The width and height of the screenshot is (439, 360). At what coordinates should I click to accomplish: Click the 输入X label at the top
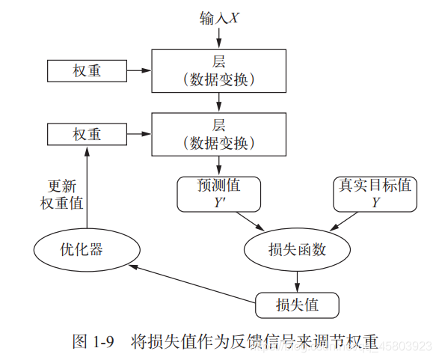219,17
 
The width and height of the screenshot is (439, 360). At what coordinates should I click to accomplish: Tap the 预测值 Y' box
219,193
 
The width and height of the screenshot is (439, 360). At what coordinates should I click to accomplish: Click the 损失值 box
297,305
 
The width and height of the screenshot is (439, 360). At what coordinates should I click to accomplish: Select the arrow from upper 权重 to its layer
138,71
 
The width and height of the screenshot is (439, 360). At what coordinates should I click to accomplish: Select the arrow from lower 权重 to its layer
138,135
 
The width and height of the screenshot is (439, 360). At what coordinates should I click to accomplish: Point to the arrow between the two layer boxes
219,102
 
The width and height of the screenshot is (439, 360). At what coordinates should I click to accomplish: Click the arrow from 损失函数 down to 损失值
297,281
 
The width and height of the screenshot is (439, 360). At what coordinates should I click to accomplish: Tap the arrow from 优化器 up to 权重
87,187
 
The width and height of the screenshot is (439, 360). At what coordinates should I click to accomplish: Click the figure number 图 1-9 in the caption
93,343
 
